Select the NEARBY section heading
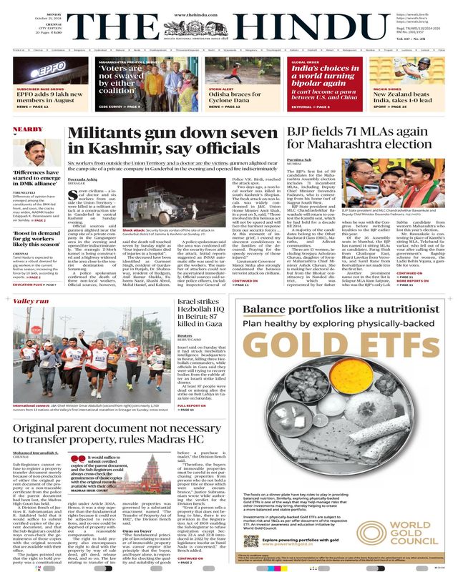(27, 129)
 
